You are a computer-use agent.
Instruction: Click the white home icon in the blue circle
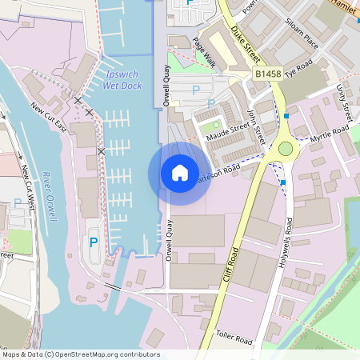180,173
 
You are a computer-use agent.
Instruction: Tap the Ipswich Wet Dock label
122,78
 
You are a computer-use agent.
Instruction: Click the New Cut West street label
30,188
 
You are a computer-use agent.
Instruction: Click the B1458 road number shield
270,74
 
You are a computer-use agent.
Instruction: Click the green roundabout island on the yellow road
286,148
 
